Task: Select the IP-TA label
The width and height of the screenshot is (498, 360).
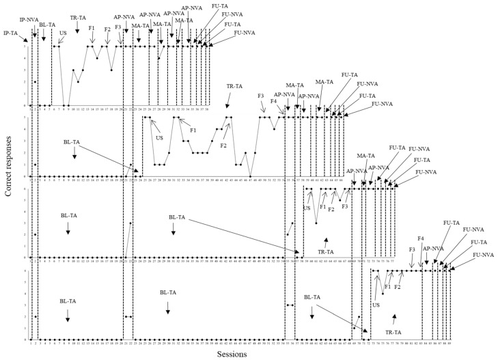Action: pos(11,32)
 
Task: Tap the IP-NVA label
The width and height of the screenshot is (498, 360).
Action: pos(28,20)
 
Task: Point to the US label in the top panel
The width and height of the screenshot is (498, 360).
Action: pos(63,32)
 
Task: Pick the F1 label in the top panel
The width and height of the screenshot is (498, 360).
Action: pos(92,28)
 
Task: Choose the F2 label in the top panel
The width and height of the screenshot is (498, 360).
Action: pos(107,29)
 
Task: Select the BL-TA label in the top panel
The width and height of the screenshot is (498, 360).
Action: pos(47,25)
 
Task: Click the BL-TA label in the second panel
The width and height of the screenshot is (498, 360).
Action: pos(71,142)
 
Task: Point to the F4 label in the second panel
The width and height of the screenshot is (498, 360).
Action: pos(273,101)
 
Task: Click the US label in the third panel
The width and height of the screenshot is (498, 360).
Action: pos(307,208)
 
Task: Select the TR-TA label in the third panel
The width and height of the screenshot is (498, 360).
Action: pos(326,252)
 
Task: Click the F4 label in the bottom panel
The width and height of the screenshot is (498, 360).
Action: pos(421,238)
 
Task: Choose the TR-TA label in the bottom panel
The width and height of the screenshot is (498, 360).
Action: pos(393,331)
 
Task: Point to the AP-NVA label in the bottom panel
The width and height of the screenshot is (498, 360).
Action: pos(434,249)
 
